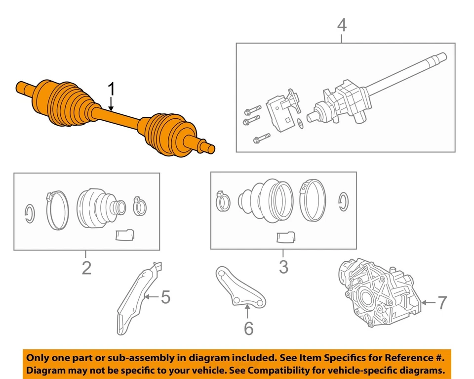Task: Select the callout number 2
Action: point(86,268)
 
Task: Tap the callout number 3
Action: point(283,267)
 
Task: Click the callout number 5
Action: point(165,297)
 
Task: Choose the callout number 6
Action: point(248,328)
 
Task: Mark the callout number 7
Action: point(442,302)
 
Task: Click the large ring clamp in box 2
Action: point(58,211)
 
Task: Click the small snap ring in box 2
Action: point(30,213)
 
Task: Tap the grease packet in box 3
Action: point(284,237)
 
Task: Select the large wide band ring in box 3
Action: point(312,200)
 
